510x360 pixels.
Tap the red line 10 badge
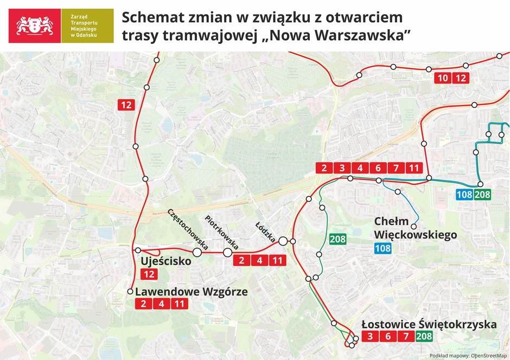click(443, 78)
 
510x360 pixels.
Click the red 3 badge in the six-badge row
click(342, 168)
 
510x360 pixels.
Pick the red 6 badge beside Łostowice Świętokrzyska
click(387, 337)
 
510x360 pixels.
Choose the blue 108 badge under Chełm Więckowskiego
click(383, 249)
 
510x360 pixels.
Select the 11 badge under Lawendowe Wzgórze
click(178, 304)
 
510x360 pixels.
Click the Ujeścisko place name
click(166, 261)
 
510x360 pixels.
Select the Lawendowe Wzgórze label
click(191, 292)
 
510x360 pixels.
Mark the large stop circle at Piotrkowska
click(227, 252)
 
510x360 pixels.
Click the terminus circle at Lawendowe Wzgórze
click(130, 292)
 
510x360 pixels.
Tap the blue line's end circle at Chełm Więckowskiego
click(414, 227)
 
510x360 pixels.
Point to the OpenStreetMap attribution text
click(467, 356)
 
